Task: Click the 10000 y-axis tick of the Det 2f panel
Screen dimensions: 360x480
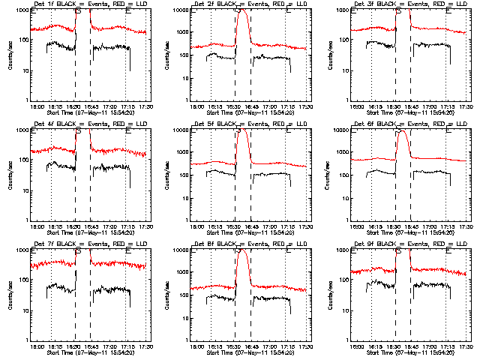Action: (180, 11)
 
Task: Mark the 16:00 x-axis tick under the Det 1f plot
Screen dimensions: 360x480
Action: (35, 106)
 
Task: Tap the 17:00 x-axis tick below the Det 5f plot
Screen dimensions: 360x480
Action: (271, 226)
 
